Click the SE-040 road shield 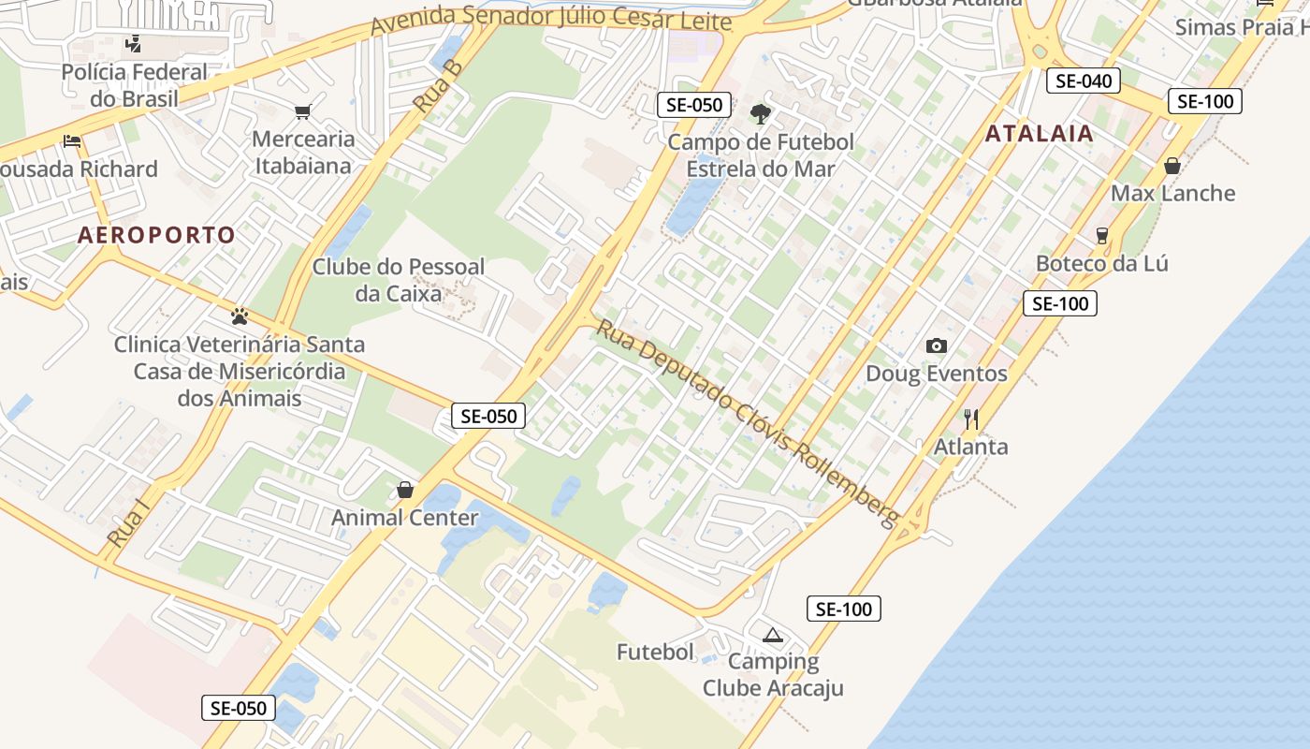point(1084,81)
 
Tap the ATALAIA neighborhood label point(1039,133)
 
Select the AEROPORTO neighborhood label point(156,235)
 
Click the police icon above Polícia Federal point(134,43)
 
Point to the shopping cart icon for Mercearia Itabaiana point(302,112)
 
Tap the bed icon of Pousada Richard point(72,142)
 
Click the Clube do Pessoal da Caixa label point(399,280)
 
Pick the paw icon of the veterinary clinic point(240,316)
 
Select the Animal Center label point(405,518)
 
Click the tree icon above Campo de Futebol point(760,114)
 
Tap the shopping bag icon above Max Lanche point(1172,167)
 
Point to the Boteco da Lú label point(1101,263)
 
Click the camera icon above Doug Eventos point(936,346)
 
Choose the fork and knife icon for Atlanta point(971,419)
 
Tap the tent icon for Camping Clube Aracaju point(772,636)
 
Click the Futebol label point(655,652)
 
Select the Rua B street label point(439,87)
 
